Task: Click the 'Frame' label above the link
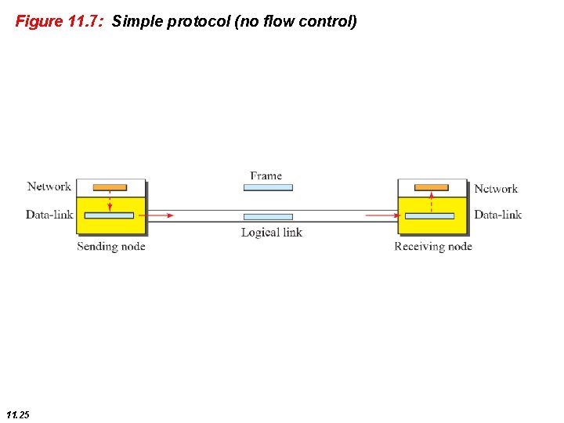[x=266, y=176]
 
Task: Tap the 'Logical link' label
[x=271, y=232]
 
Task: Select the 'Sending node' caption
[x=111, y=247]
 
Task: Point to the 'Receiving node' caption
[x=433, y=247]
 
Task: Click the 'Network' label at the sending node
[x=49, y=186]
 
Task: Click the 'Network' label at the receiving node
[x=496, y=189]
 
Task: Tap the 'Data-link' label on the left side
[x=49, y=215]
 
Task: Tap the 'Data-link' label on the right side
[x=498, y=215]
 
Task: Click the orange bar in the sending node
[x=110, y=187]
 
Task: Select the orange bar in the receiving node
[x=432, y=187]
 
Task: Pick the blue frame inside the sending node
[x=109, y=215]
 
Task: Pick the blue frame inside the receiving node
[x=429, y=215]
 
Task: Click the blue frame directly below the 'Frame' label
[x=268, y=188]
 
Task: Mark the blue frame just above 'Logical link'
[x=268, y=216]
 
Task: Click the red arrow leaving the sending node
[x=161, y=215]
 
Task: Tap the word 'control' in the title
[x=329, y=21]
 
